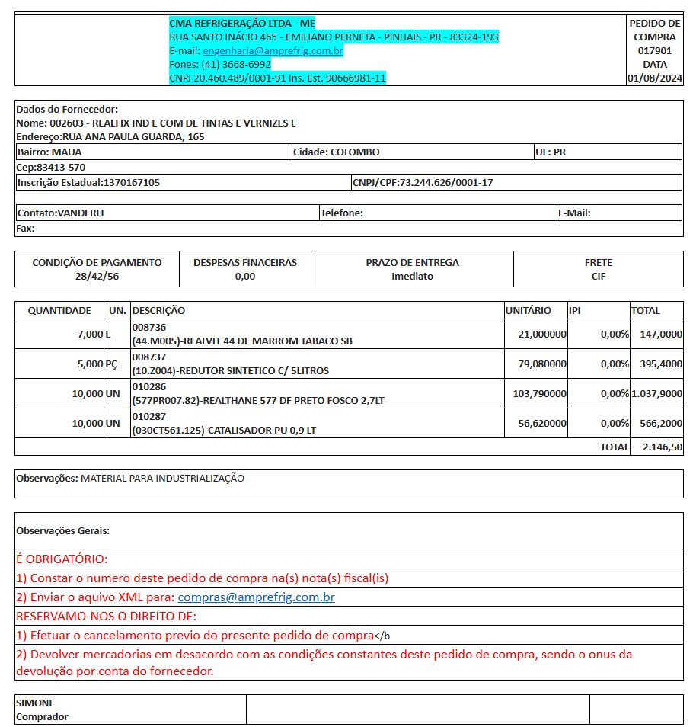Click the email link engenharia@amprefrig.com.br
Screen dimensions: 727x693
(273, 51)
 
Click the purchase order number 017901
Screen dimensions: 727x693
(654, 51)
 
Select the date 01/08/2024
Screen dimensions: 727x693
(654, 78)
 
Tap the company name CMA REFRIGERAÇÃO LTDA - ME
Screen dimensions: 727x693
(241, 24)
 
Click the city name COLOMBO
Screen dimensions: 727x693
(355, 152)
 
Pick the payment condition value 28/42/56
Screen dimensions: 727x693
(97, 276)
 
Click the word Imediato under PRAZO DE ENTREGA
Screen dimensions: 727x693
(412, 276)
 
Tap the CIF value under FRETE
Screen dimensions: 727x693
(599, 276)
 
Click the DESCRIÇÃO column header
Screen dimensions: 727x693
(158, 310)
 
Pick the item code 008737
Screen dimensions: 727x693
(148, 357)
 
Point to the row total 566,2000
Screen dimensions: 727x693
(660, 423)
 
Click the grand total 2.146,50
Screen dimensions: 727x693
(662, 447)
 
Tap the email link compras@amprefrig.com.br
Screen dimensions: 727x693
(256, 597)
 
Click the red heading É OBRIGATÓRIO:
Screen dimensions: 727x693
(62, 559)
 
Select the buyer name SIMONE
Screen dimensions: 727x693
(35, 703)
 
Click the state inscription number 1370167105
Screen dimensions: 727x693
(131, 182)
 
